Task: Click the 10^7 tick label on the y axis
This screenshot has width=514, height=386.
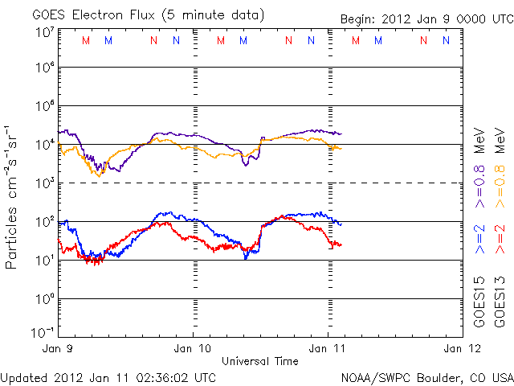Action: coord(44,32)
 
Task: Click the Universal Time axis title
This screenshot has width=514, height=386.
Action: coord(259,361)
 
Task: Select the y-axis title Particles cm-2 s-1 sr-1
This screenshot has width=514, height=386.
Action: coord(12,196)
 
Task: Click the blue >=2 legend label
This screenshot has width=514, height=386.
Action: coord(480,238)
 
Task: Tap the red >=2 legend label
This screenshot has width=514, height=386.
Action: coord(500,238)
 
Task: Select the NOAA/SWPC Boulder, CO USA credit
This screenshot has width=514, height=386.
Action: coord(426,377)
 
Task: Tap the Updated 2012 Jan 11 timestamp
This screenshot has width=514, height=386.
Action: coord(108,377)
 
